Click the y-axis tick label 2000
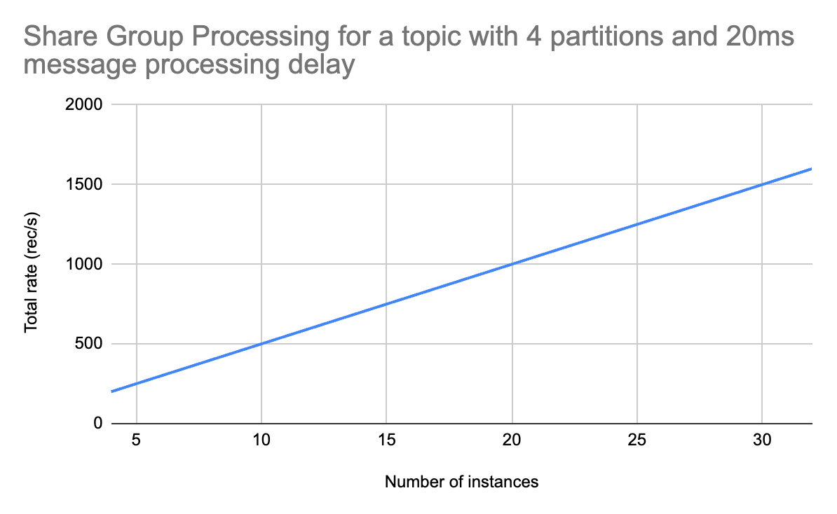[x=83, y=104]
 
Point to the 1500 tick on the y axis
[x=83, y=184]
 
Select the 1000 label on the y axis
[x=83, y=264]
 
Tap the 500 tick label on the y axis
[x=88, y=343]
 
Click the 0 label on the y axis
[x=97, y=424]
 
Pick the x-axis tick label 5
[x=137, y=440]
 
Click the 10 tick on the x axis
[x=261, y=440]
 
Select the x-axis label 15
[x=386, y=440]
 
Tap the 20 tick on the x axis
[x=512, y=440]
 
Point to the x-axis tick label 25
[x=637, y=440]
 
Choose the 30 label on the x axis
[x=762, y=440]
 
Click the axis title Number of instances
[x=462, y=482]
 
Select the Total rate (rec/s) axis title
[x=32, y=272]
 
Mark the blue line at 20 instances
[x=512, y=264]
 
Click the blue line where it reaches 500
[x=261, y=343]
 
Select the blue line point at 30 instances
[x=762, y=184]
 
